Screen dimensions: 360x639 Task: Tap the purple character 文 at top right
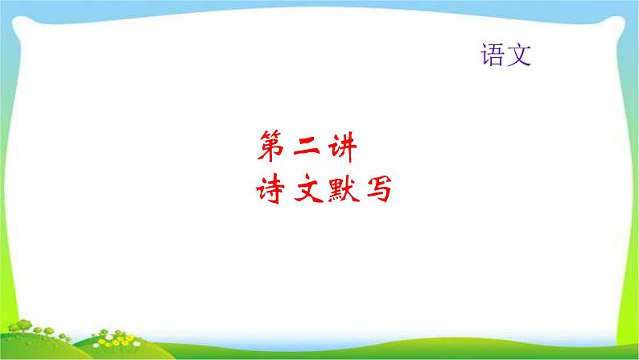coord(520,55)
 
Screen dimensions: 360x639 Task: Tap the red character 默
coord(341,192)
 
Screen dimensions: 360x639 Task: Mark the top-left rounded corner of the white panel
coord(13,13)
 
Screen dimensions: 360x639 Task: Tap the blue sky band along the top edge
coord(322,3)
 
